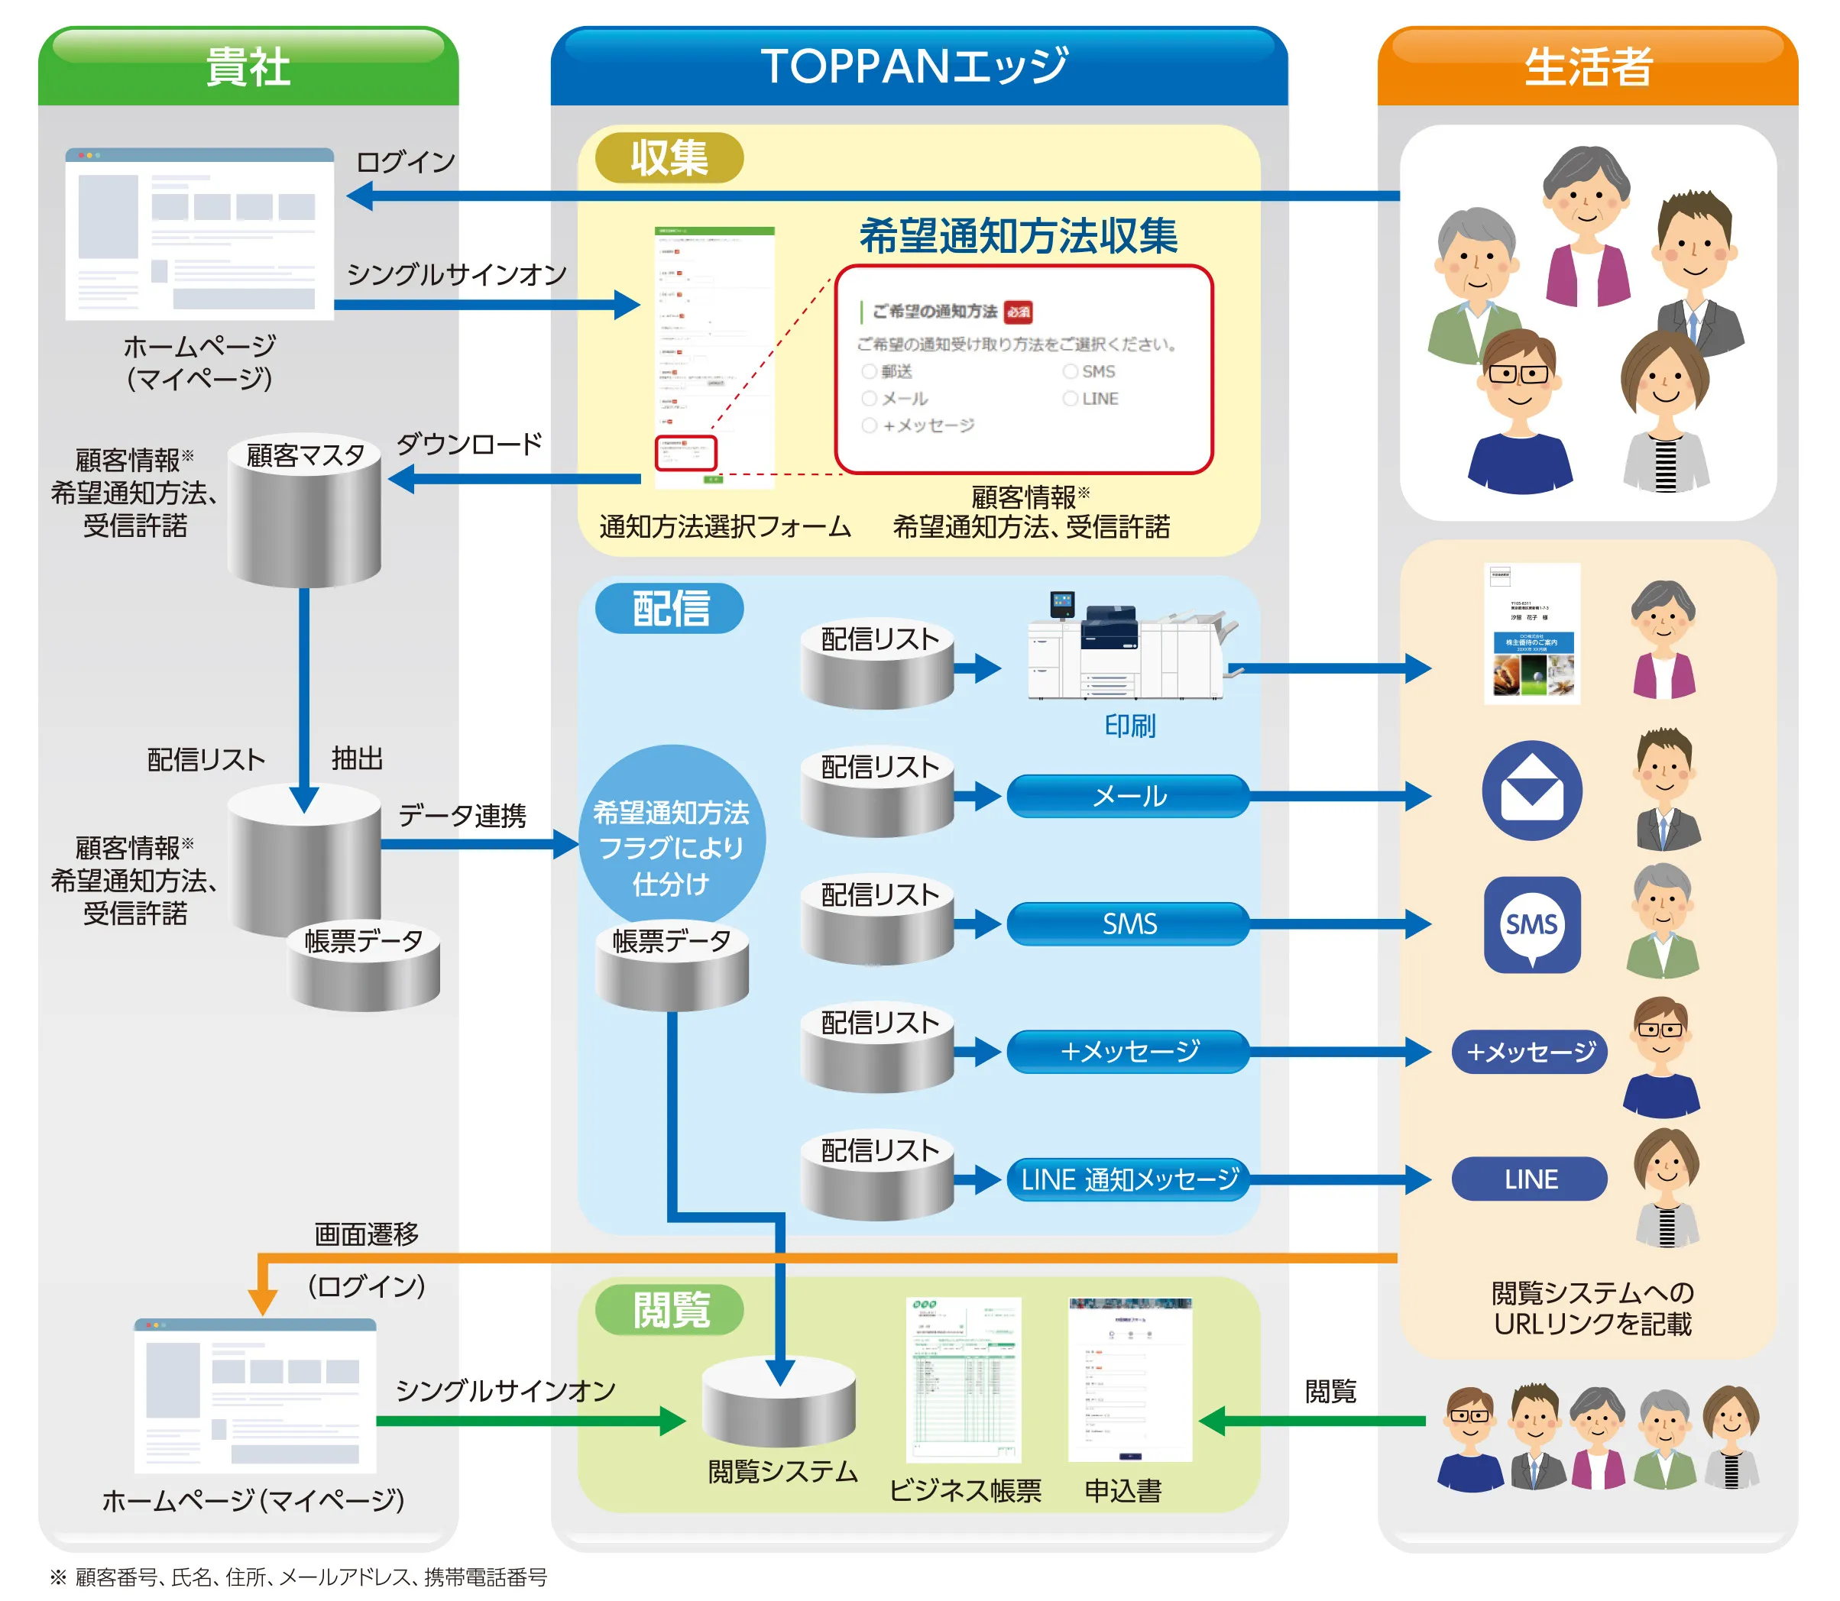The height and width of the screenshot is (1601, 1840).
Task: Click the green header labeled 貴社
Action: [x=248, y=67]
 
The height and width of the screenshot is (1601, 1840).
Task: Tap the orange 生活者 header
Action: [x=1587, y=67]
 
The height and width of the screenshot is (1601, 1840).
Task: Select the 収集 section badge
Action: [x=669, y=158]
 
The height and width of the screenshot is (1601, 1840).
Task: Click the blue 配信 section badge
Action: [x=669, y=610]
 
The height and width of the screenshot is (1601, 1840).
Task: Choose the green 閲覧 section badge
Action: [x=669, y=1310]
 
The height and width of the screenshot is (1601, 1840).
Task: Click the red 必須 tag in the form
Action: [x=1018, y=312]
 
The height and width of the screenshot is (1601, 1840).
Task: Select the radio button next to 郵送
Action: [x=869, y=370]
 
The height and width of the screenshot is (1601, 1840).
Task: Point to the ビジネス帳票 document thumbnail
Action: [x=963, y=1379]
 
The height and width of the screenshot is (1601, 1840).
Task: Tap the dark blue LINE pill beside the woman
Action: [x=1529, y=1179]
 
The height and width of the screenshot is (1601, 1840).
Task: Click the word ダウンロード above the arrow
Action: [x=469, y=444]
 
